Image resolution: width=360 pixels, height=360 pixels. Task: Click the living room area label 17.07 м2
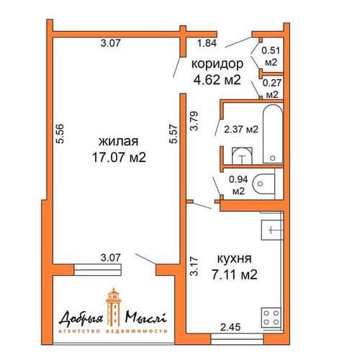click(x=119, y=158)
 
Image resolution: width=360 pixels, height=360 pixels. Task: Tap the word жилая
click(x=119, y=141)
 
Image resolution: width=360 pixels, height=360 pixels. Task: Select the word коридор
click(x=217, y=64)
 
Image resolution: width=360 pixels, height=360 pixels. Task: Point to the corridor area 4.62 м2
click(x=217, y=80)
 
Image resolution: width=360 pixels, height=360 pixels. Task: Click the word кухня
click(x=234, y=258)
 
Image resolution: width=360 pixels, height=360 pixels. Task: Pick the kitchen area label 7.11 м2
click(x=234, y=274)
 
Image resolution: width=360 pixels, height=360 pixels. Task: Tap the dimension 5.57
click(x=174, y=134)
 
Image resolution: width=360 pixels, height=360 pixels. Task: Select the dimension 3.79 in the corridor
click(x=194, y=121)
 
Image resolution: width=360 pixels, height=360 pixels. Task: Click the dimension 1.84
click(x=207, y=43)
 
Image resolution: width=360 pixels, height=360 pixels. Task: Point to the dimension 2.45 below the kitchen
click(x=230, y=327)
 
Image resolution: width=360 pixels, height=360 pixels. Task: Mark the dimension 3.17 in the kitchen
click(x=194, y=266)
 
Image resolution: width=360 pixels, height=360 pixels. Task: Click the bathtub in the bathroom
click(x=273, y=134)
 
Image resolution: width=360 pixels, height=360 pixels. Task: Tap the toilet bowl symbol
click(x=264, y=184)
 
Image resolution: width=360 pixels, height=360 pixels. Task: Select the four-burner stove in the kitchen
click(x=271, y=317)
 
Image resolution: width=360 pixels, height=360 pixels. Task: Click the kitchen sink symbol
click(x=271, y=230)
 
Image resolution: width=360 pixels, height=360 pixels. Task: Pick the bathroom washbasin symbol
click(x=243, y=156)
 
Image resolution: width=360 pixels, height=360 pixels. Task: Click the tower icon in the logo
click(x=114, y=307)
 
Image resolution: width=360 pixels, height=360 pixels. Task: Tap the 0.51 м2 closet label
click(x=271, y=56)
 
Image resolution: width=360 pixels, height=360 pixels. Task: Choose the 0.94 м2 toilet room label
click(x=238, y=185)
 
